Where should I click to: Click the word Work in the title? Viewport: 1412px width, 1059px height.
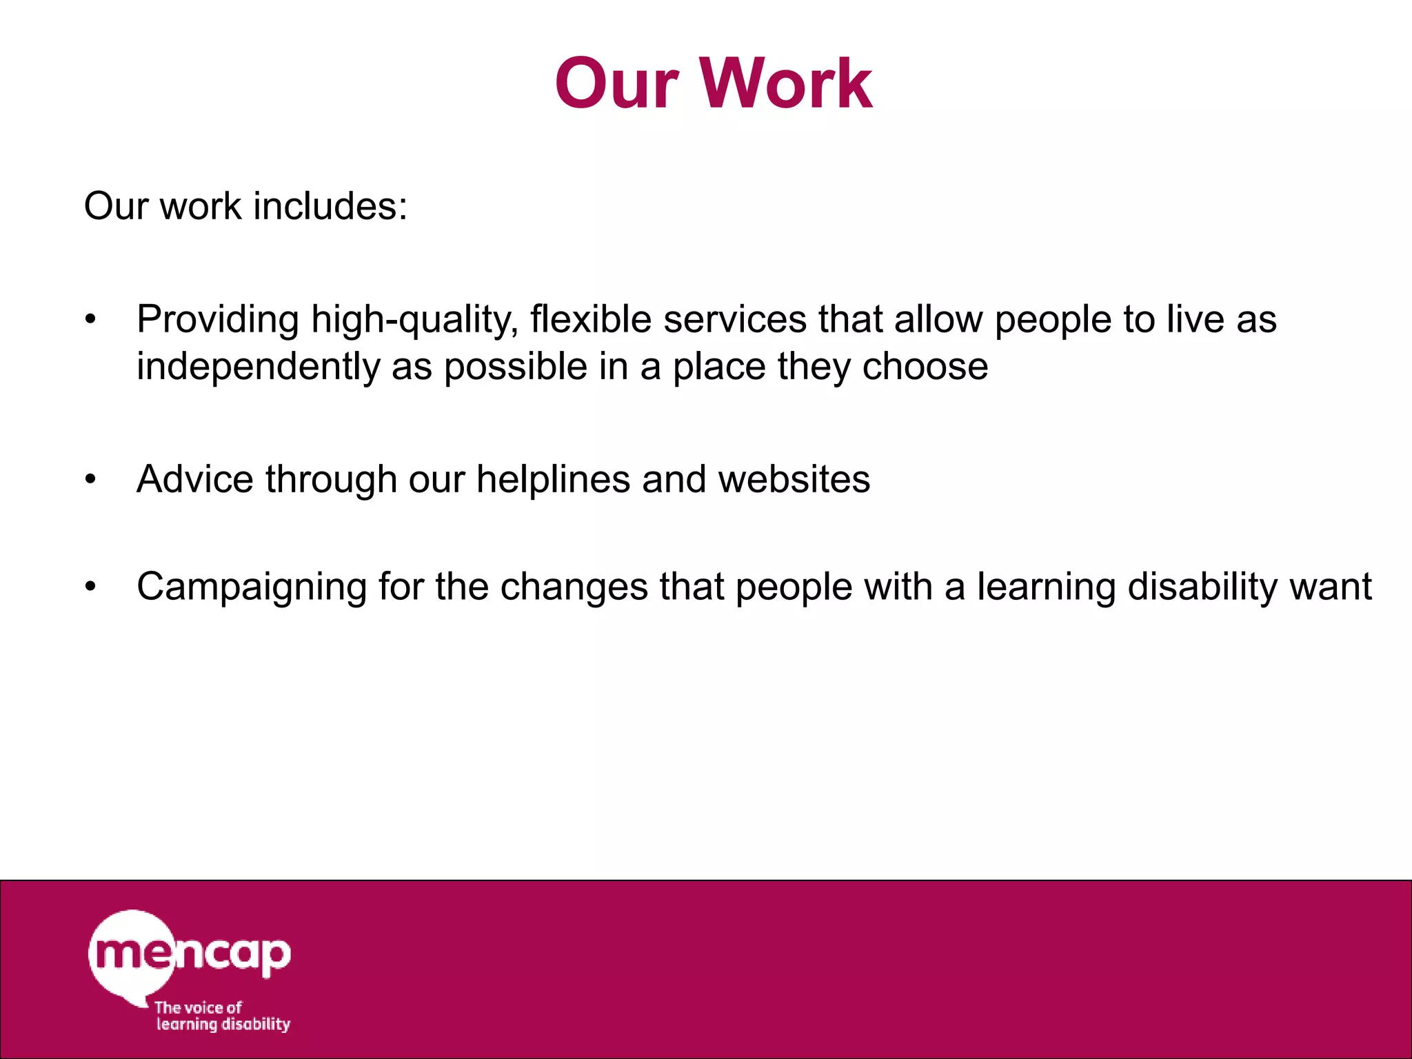[x=787, y=83]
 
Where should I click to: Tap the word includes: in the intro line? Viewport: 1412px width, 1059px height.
[x=330, y=206]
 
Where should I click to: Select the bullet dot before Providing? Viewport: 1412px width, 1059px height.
[x=90, y=320]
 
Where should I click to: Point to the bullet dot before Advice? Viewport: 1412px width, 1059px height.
[x=90, y=479]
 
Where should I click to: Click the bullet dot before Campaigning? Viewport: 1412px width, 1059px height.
[x=90, y=587]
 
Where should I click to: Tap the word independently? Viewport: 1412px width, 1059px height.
[x=258, y=367]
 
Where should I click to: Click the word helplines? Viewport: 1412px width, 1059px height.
[x=553, y=479]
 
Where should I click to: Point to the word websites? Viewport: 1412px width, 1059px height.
[x=794, y=479]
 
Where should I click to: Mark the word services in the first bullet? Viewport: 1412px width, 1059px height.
[x=735, y=320]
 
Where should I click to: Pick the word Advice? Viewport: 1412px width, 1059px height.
[x=195, y=479]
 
